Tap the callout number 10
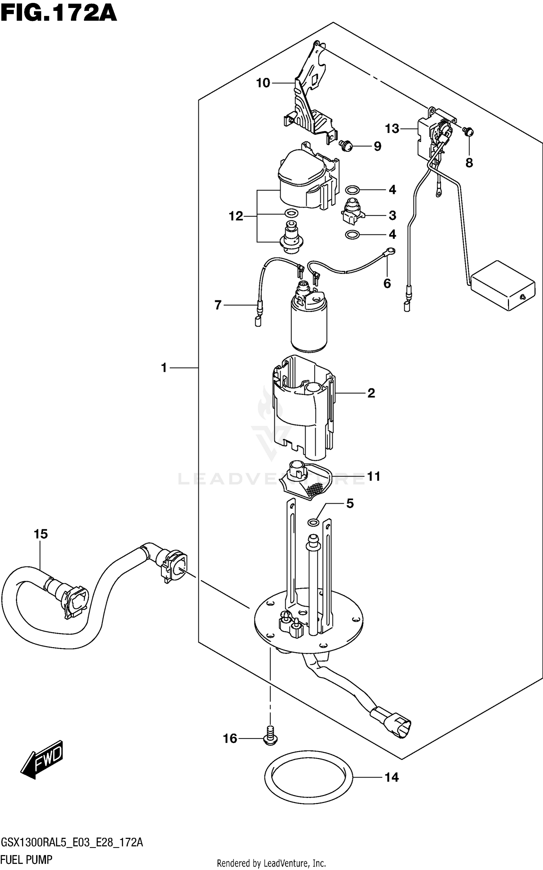point(263,83)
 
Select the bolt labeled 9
point(346,146)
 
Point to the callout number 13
point(392,128)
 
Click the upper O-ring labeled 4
point(352,190)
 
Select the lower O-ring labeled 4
point(352,235)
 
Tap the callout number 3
point(392,216)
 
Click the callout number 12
point(236,216)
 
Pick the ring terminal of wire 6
point(391,250)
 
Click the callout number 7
point(218,305)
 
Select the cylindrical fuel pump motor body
point(309,326)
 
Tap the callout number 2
point(371,393)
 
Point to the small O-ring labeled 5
point(313,522)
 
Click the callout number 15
point(41,534)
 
